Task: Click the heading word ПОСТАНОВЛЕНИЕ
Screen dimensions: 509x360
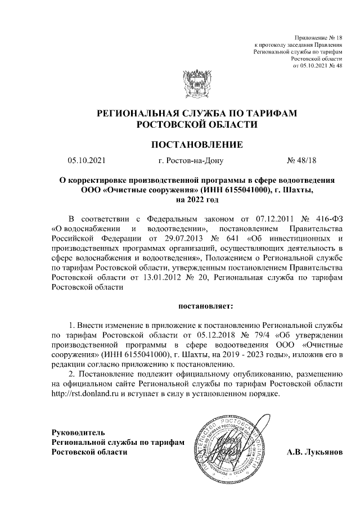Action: click(197, 145)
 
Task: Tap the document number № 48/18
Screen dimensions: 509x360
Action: click(302, 161)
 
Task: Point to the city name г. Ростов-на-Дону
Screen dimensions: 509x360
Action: click(191, 161)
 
